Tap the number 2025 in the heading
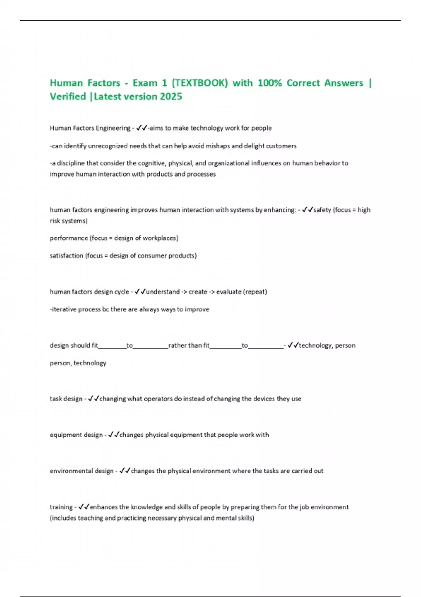pyautogui.click(x=171, y=97)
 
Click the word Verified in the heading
pyautogui.click(x=68, y=97)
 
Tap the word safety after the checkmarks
pyautogui.click(x=322, y=210)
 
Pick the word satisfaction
pyautogui.click(x=66, y=256)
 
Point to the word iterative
pyautogui.click(x=63, y=309)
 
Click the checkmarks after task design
pyautogui.click(x=94, y=399)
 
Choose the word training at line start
pyautogui.click(x=61, y=507)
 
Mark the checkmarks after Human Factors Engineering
pyautogui.click(x=141, y=128)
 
